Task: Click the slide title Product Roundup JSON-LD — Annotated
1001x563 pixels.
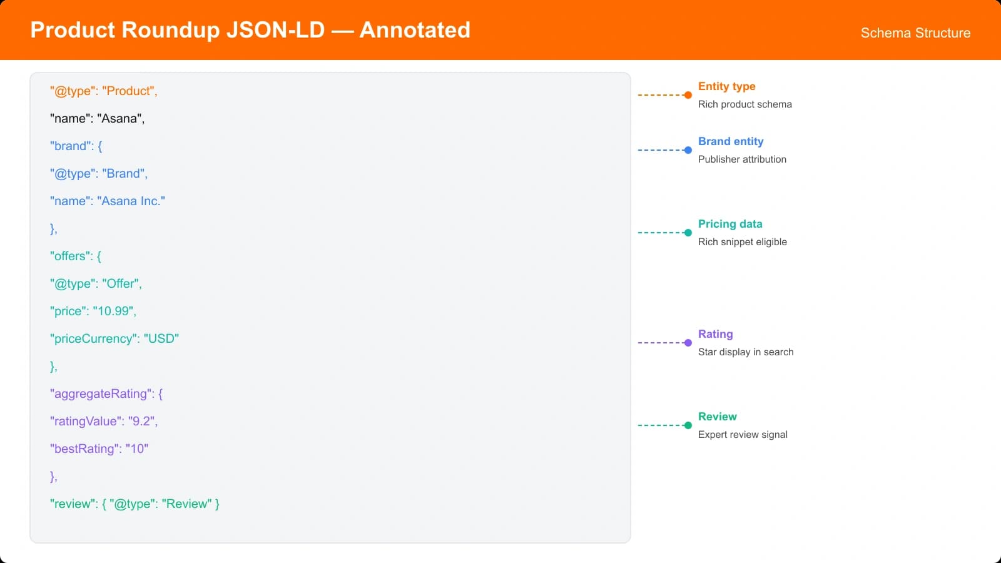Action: (x=250, y=30)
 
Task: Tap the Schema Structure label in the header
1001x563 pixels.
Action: (x=915, y=33)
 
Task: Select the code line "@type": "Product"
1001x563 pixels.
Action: (x=104, y=91)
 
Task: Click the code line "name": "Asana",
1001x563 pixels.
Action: (x=98, y=119)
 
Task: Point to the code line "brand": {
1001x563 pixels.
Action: (x=76, y=146)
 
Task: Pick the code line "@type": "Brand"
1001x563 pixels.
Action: (x=99, y=174)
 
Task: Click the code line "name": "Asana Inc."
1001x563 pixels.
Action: (x=108, y=201)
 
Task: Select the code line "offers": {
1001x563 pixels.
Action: (x=76, y=256)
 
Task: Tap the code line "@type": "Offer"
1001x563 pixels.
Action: (x=96, y=284)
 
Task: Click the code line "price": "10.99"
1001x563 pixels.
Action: (x=93, y=312)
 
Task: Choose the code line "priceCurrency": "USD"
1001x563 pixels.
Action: (x=114, y=339)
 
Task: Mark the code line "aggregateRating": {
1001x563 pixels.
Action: (x=106, y=394)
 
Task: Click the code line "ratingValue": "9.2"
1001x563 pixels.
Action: (x=104, y=422)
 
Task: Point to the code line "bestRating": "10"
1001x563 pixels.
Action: (x=99, y=449)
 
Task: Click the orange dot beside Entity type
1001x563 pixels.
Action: (x=688, y=95)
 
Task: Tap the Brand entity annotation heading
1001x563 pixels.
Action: (x=731, y=141)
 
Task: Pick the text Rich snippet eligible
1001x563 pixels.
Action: (x=743, y=242)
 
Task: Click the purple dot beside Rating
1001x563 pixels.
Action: (x=688, y=343)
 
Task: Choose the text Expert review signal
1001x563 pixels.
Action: (x=743, y=435)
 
